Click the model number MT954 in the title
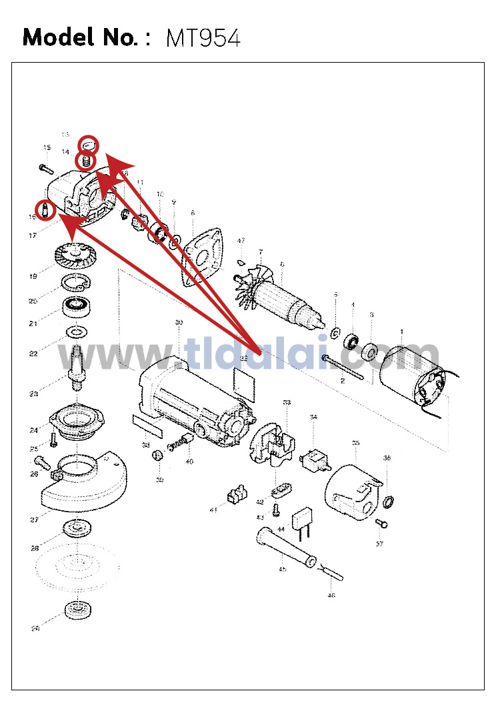click(x=203, y=38)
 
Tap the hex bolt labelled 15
click(x=45, y=165)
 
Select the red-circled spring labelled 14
click(x=85, y=161)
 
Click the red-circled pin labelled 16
click(x=43, y=210)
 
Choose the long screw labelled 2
click(x=343, y=368)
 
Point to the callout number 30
click(x=179, y=323)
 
